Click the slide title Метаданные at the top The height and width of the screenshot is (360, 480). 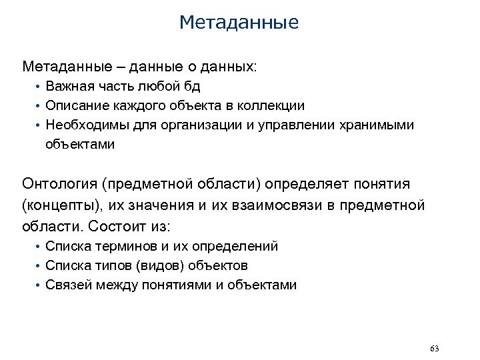[239, 23]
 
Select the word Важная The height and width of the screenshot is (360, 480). [67, 87]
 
